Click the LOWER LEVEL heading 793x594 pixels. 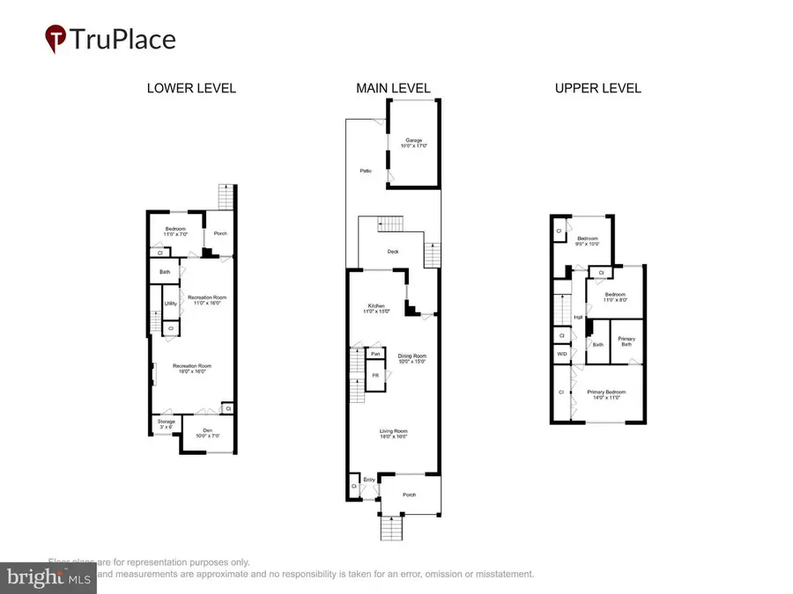(191, 88)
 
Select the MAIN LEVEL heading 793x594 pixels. (393, 88)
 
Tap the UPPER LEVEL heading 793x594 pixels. (597, 88)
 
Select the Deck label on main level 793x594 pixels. (393, 252)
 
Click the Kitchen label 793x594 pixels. (377, 309)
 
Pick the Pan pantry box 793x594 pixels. (375, 354)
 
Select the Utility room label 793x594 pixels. (169, 304)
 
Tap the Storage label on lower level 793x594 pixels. (167, 423)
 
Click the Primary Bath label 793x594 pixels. (626, 341)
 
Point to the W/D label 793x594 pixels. (561, 355)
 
